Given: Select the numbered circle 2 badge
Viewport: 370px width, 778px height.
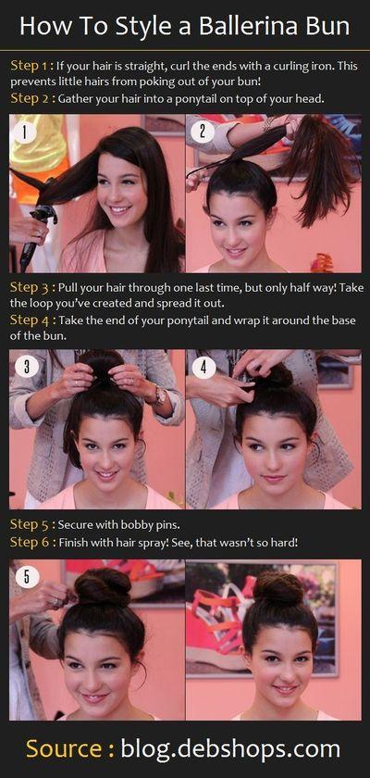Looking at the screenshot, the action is (203, 132).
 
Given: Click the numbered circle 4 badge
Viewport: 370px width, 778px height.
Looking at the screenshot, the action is (203, 367).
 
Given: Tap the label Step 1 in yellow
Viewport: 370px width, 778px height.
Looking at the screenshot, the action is (31, 66).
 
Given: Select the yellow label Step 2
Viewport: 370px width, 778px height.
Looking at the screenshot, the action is (31, 98).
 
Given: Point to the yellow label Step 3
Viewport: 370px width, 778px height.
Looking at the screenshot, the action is (31, 287).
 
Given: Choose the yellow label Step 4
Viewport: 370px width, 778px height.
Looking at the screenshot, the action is (31, 320).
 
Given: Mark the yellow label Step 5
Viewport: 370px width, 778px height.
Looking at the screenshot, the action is (31, 524).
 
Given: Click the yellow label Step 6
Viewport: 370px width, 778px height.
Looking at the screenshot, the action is (31, 542).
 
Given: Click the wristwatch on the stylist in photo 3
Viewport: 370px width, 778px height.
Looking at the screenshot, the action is (160, 395).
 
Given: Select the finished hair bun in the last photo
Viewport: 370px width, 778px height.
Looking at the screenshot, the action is (277, 588).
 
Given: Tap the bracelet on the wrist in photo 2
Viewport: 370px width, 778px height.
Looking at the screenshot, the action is (267, 123).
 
